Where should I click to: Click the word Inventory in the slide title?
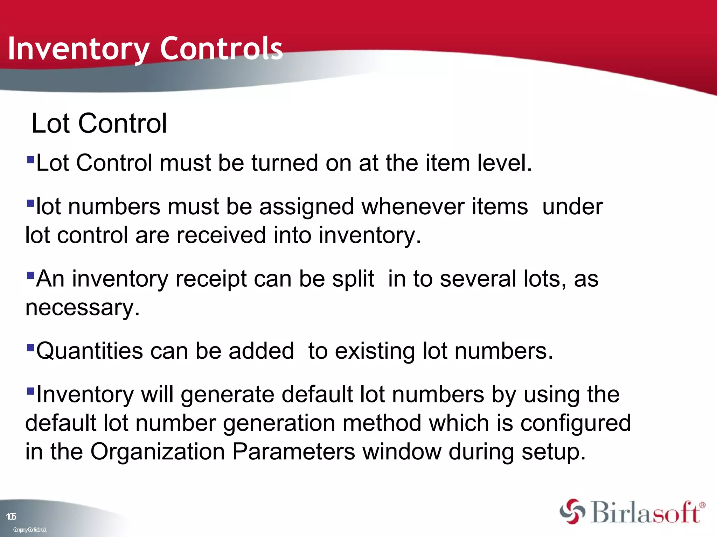[x=78, y=49]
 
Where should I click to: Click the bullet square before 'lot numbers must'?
[x=30, y=203]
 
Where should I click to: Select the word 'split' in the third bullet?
[x=353, y=279]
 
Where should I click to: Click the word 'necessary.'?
[x=83, y=308]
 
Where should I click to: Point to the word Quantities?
[x=90, y=351]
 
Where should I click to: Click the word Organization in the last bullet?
[x=158, y=451]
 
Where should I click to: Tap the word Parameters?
[x=293, y=451]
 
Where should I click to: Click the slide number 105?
[x=11, y=517]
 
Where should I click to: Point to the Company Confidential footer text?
[x=30, y=530]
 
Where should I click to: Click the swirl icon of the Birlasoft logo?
[x=572, y=511]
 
